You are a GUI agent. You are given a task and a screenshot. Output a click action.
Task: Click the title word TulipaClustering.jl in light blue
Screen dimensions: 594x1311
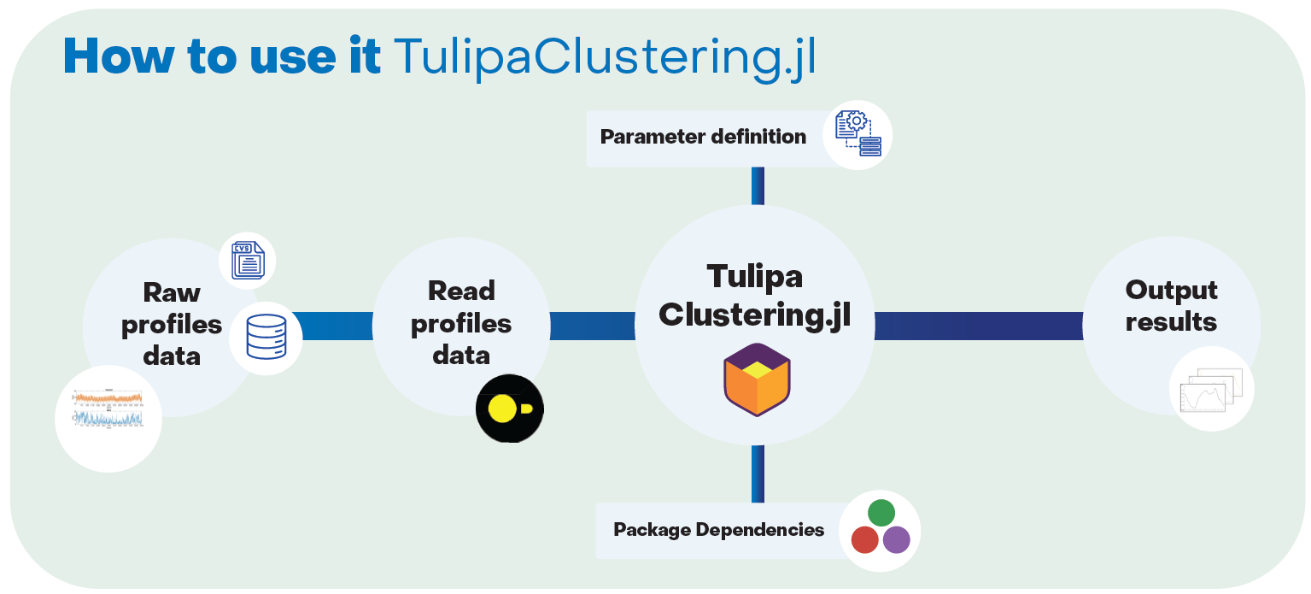(x=604, y=57)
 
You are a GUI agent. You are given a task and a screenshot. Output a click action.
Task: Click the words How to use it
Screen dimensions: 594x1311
(x=222, y=57)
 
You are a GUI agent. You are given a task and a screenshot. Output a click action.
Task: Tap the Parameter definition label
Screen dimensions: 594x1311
(x=703, y=137)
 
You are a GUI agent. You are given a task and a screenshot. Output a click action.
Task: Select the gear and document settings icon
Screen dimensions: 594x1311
(x=857, y=135)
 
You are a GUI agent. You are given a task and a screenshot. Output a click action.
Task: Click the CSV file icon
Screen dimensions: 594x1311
(x=248, y=261)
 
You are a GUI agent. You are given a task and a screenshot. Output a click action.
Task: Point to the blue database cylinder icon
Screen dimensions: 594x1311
(x=266, y=337)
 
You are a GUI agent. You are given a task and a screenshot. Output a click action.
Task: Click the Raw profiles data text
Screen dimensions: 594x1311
(x=172, y=324)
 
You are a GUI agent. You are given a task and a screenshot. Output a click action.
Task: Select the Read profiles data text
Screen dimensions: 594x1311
(x=461, y=322)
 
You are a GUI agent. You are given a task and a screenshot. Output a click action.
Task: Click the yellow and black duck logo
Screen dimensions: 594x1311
(x=510, y=409)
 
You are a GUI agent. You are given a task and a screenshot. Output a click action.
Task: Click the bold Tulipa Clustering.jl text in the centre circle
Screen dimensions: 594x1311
(x=755, y=296)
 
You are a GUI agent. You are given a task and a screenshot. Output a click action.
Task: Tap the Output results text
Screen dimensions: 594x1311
(x=1171, y=306)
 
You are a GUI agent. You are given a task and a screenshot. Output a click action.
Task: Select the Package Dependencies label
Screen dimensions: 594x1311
(x=719, y=530)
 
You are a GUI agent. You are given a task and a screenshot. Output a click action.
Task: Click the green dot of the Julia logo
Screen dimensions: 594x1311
(x=881, y=513)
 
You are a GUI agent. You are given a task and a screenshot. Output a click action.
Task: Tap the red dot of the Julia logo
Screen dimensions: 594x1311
(x=864, y=540)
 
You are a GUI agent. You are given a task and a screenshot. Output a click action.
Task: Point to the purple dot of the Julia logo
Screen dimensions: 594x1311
(x=896, y=540)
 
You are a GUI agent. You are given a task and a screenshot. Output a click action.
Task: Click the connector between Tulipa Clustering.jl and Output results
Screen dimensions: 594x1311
(x=978, y=326)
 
